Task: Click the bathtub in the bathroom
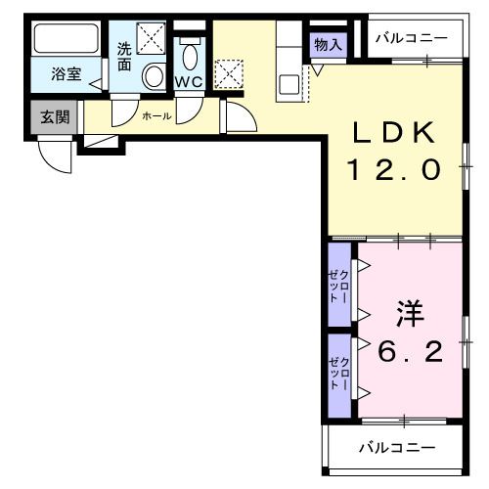click(x=67, y=42)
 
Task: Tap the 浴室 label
click(x=66, y=74)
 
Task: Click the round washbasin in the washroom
click(x=154, y=75)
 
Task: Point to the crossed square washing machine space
click(x=151, y=39)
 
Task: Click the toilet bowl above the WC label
click(x=190, y=53)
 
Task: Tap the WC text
click(x=190, y=82)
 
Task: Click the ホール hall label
click(x=156, y=116)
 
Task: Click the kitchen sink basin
click(x=290, y=84)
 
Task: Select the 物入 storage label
click(x=327, y=44)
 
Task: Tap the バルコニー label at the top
click(x=413, y=38)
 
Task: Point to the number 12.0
click(x=391, y=168)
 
